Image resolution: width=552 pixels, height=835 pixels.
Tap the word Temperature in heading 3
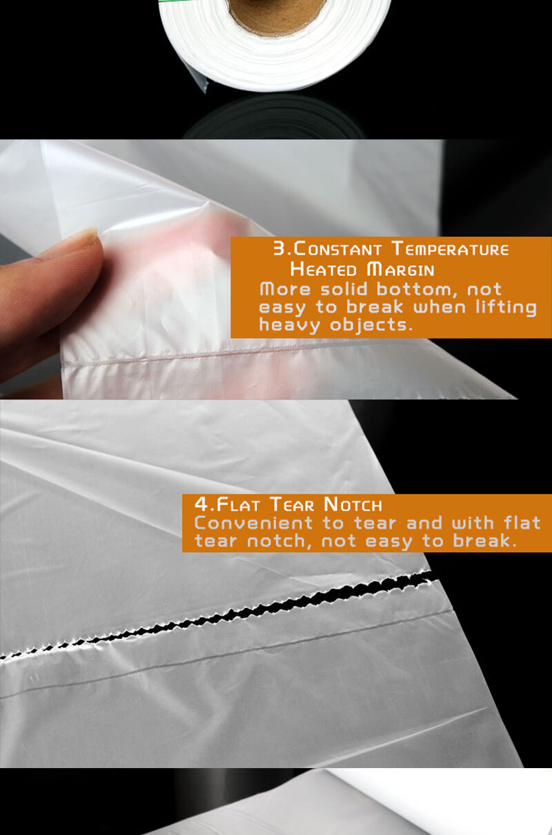[x=451, y=248]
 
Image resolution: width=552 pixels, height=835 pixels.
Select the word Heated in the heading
[x=324, y=269]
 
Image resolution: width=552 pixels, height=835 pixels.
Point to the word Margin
[x=401, y=269]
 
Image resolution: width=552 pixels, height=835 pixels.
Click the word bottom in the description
[x=417, y=289]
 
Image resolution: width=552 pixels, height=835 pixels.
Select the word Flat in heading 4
[x=238, y=504]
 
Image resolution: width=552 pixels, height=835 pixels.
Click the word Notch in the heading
[x=353, y=504]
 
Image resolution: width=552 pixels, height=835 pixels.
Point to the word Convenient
[x=253, y=523]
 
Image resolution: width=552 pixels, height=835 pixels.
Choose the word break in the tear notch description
[x=485, y=541]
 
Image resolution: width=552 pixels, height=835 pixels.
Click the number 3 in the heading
[x=279, y=248]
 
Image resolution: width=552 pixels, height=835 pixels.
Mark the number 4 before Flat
[x=201, y=504]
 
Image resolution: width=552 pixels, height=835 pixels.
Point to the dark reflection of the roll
[x=274, y=117]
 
